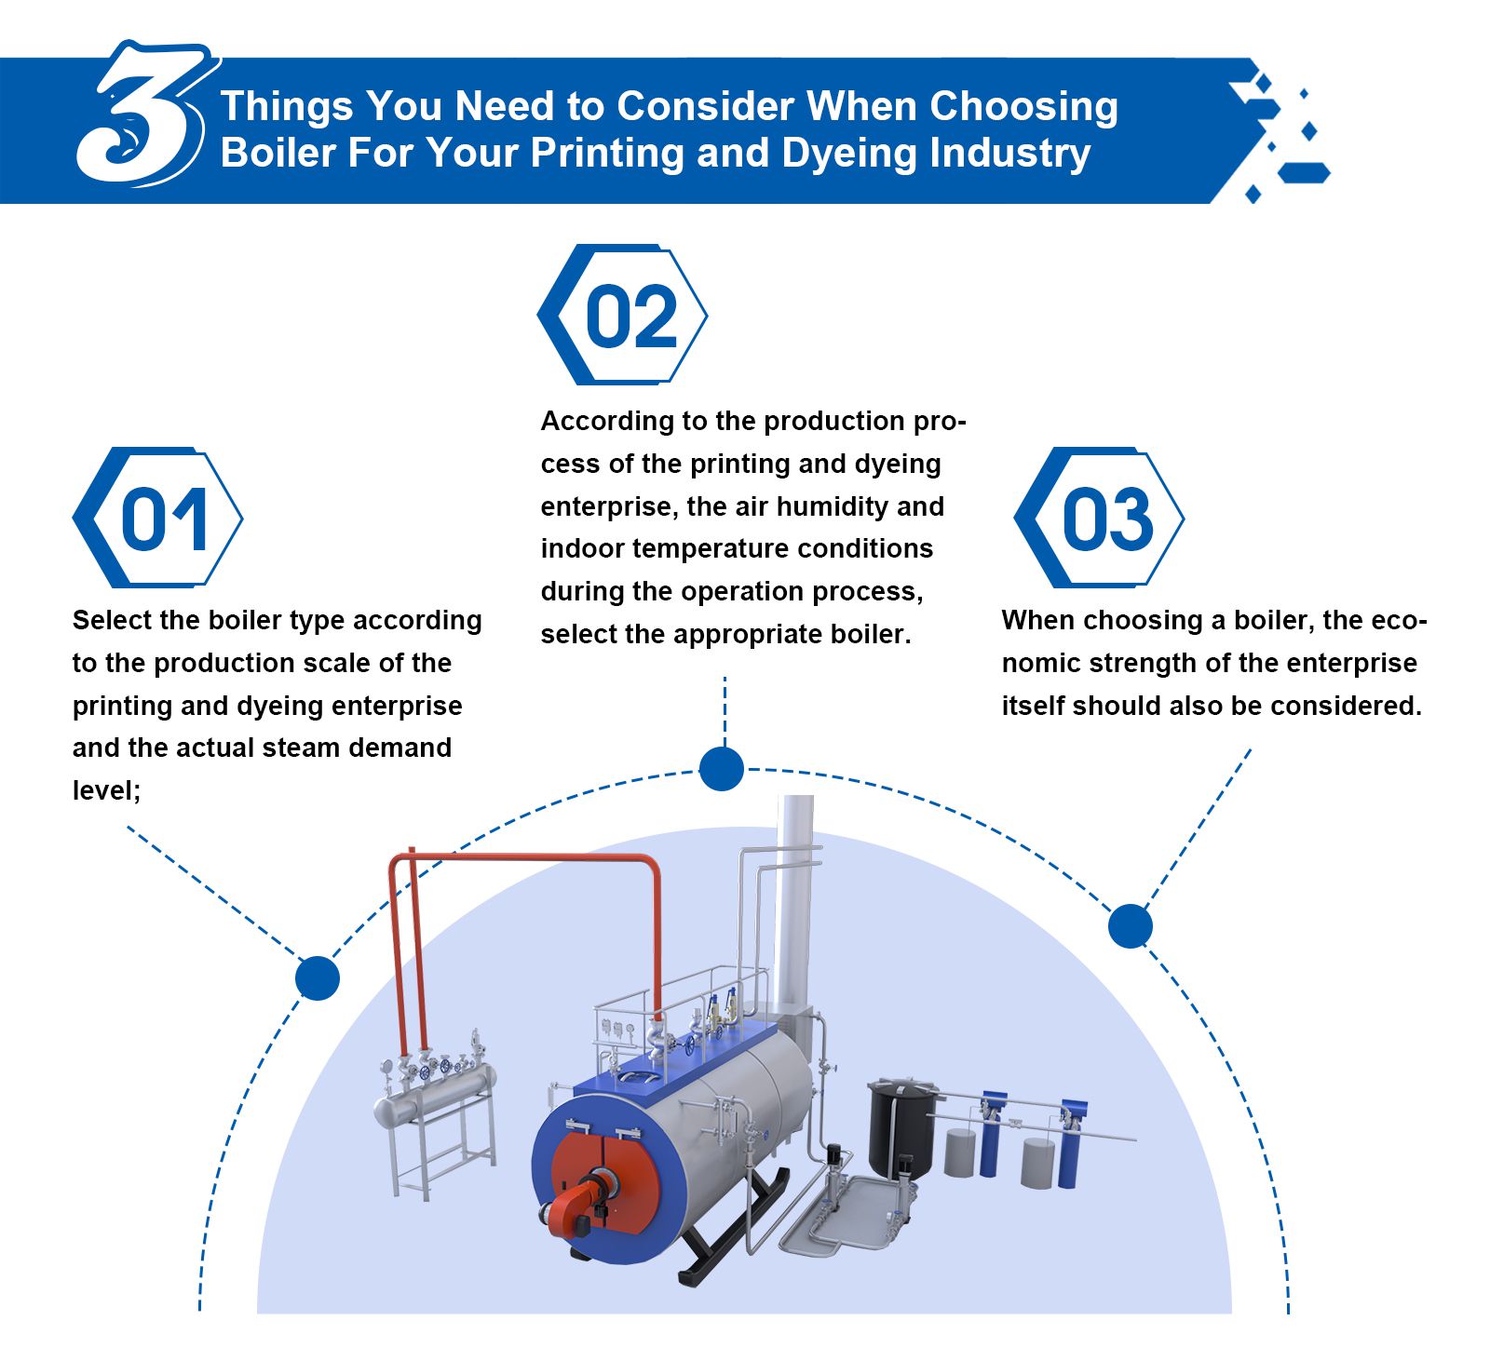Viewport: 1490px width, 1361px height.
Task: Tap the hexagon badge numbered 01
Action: (x=158, y=518)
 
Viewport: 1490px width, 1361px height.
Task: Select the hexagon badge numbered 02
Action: (x=622, y=315)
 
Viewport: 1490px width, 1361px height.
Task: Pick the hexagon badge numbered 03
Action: (x=1099, y=518)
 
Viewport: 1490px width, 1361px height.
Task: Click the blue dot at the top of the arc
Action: (x=722, y=769)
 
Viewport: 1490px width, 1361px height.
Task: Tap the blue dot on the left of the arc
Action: (x=318, y=978)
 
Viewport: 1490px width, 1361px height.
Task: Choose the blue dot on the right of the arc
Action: (x=1131, y=926)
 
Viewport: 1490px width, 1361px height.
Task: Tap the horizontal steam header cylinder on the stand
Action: (x=434, y=1097)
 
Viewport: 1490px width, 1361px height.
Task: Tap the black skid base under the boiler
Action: (x=736, y=1229)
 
